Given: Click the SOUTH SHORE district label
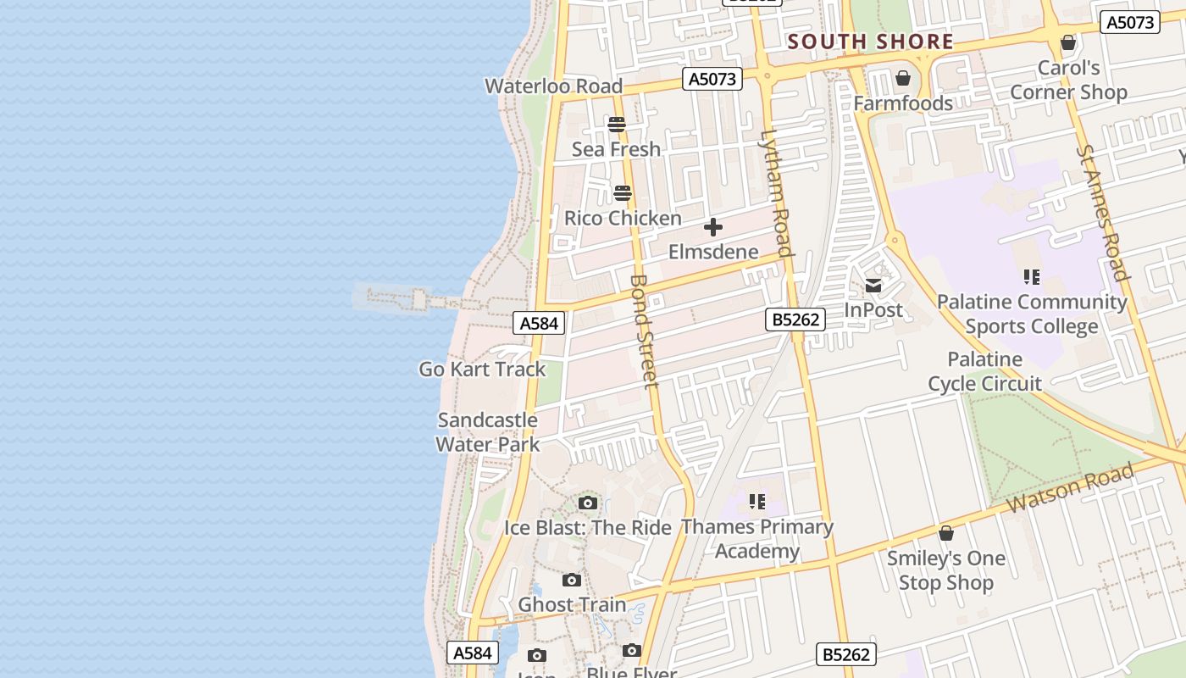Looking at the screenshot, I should point(870,42).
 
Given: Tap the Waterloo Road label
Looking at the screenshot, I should point(553,86).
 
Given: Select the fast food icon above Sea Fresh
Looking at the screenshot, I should point(617,125).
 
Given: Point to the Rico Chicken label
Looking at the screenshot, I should point(623,218).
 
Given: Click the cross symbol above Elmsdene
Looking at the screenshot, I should point(713,227).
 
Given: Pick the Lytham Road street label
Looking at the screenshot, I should point(776,192).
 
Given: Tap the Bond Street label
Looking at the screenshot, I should point(645,331).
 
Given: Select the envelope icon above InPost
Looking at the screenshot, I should point(873,286).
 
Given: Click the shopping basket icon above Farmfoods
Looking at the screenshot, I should point(903,79).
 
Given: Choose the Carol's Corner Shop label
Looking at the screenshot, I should point(1068,80).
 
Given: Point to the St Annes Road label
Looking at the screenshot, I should point(1104,212).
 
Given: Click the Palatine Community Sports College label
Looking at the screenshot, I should point(1032,314).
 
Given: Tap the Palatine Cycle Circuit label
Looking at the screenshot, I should point(984,371).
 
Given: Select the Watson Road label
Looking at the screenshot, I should point(1070,488).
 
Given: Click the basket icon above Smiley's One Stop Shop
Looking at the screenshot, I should point(946,533).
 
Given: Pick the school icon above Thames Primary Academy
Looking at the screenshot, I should point(757,502).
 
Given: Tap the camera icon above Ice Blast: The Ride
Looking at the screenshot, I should point(588,503).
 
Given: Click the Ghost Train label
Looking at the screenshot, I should point(572,604).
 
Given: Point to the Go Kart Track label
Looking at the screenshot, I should point(482,370).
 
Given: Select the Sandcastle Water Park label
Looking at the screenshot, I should point(487,431).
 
